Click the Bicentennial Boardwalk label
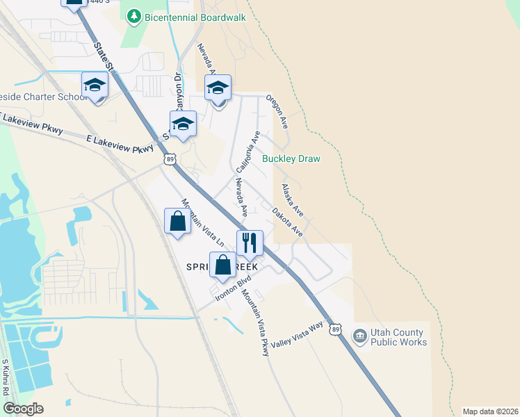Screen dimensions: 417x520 195,16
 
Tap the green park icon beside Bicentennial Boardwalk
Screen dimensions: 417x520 133,16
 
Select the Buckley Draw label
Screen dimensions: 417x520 291,159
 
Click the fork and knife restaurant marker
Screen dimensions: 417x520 250,243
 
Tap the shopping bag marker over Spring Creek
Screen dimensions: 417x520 222,266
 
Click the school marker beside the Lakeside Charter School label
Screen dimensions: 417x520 95,86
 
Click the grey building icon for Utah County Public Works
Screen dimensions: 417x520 359,337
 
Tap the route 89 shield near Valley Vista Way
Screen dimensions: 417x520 336,329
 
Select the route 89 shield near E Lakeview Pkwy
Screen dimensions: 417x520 170,159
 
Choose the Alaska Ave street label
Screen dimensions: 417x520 292,199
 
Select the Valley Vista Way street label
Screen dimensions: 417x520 298,335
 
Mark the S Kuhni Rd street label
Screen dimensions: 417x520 5,377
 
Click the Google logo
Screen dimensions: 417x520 23,409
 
